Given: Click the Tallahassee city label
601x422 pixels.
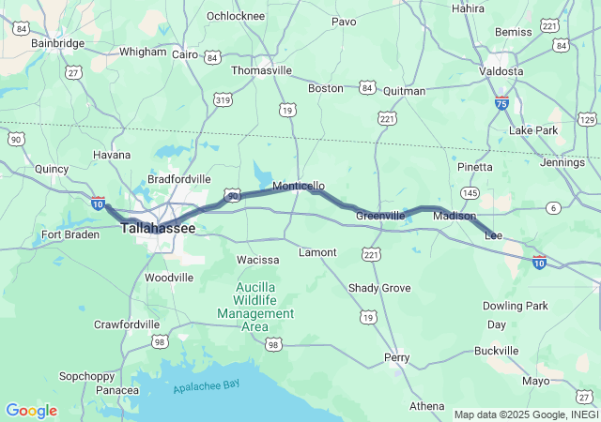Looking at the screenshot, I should (159, 228).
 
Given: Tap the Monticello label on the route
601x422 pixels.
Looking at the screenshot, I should (299, 187).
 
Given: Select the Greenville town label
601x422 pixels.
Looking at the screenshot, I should (380, 216).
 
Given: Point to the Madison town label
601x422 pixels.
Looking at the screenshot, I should (455, 216).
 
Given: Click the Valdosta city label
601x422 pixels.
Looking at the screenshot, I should (501, 71).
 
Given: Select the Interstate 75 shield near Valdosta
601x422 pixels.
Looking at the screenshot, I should (502, 102).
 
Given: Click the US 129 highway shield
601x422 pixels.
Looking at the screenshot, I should (587, 118).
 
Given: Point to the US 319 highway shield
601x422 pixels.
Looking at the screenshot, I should (223, 99).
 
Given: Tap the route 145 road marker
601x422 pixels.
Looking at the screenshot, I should (470, 192).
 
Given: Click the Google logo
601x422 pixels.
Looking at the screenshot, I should (31, 411).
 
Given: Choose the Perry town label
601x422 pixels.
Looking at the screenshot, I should (396, 357).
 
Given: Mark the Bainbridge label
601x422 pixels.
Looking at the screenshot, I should (58, 43).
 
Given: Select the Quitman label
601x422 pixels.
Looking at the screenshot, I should (406, 91).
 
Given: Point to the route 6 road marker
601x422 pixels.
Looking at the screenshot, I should (554, 207).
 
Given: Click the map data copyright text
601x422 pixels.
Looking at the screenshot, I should (526, 414).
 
